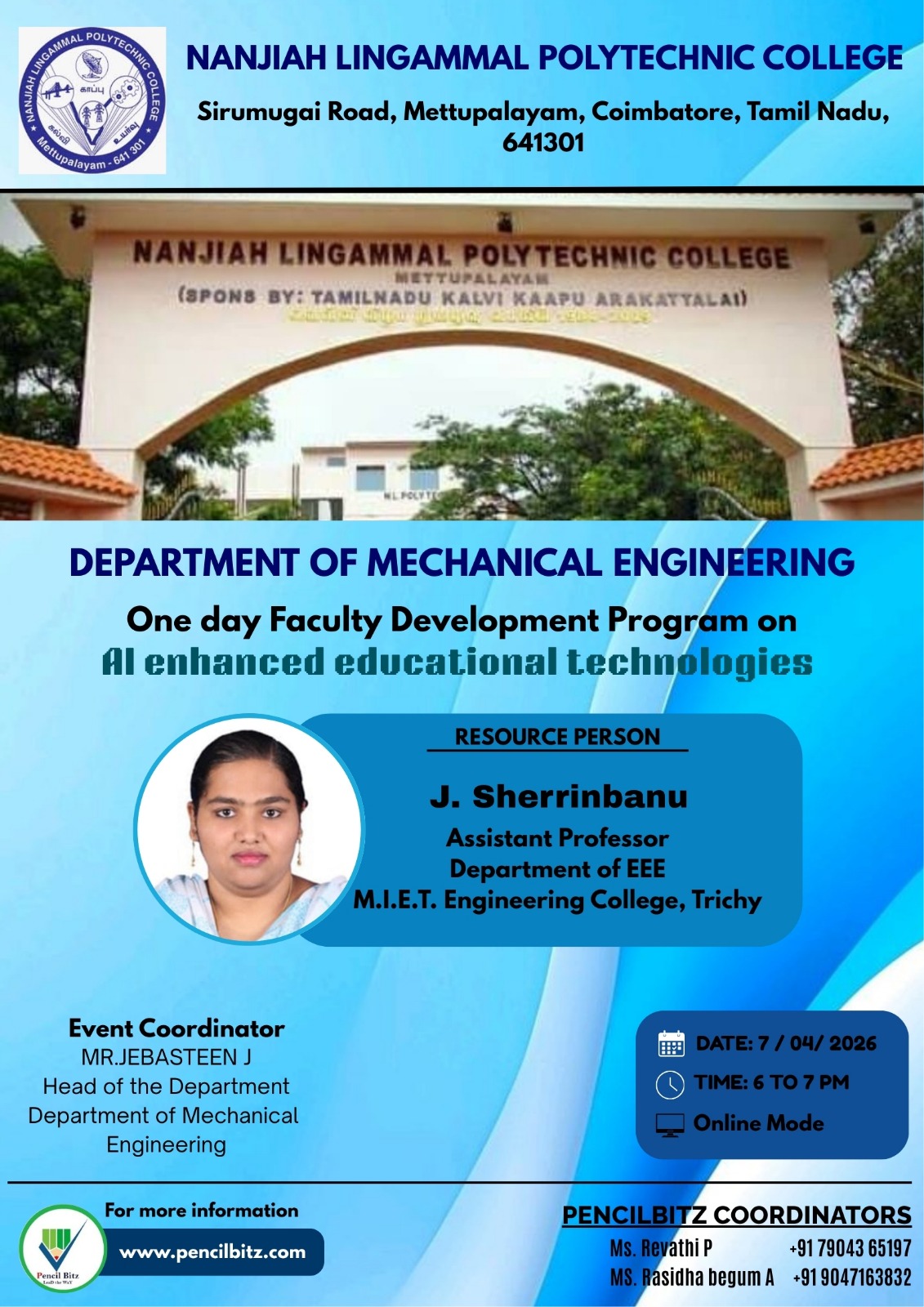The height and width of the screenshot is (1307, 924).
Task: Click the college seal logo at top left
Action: click(x=92, y=100)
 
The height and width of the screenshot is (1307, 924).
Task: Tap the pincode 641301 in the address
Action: click(x=543, y=143)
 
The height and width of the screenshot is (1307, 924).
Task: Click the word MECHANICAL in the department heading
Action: click(x=484, y=563)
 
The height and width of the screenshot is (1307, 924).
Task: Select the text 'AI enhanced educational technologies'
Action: click(x=458, y=662)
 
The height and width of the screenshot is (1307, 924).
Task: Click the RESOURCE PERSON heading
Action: click(x=557, y=737)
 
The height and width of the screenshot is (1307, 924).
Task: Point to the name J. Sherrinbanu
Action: click(x=559, y=796)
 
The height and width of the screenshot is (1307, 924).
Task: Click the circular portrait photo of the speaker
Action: click(x=249, y=829)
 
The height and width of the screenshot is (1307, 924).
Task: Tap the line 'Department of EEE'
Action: click(x=557, y=868)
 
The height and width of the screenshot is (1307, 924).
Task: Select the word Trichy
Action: click(x=726, y=900)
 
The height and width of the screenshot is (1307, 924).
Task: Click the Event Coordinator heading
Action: click(x=176, y=1028)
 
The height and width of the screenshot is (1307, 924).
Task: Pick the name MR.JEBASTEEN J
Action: click(x=166, y=1057)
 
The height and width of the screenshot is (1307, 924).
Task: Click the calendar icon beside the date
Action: click(x=671, y=1044)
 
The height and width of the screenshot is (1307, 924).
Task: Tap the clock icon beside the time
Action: click(x=670, y=1084)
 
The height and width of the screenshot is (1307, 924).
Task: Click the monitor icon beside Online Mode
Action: click(x=670, y=1125)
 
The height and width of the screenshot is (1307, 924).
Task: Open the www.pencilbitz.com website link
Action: click(x=212, y=1252)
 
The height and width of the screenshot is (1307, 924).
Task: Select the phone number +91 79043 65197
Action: click(x=850, y=1248)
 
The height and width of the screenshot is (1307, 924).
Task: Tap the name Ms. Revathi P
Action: click(x=660, y=1248)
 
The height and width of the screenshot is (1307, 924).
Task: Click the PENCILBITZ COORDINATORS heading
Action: click(x=736, y=1216)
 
